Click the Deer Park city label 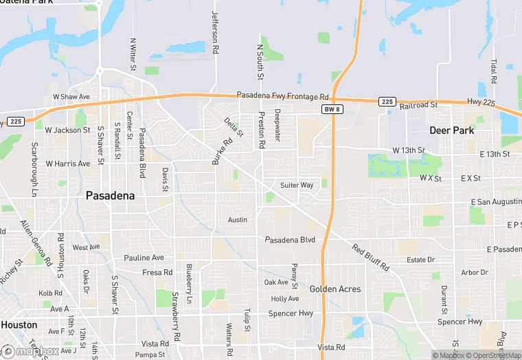[x=453, y=130]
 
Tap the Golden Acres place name [x=334, y=289]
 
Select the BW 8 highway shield [x=332, y=110]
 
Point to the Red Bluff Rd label [x=371, y=257]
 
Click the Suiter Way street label [x=297, y=185]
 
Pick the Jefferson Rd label [x=215, y=33]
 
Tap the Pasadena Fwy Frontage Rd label [x=283, y=95]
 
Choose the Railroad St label [x=419, y=105]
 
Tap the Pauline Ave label [x=144, y=258]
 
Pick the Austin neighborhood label [x=238, y=220]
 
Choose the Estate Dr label [x=421, y=260]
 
